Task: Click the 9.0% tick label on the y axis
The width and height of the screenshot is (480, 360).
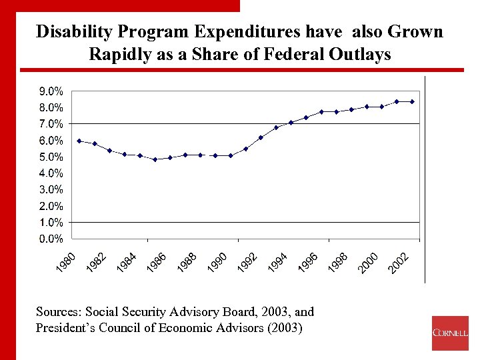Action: (x=50, y=91)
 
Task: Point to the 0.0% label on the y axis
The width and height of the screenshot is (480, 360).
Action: (x=50, y=239)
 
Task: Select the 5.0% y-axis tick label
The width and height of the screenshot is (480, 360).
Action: (x=50, y=157)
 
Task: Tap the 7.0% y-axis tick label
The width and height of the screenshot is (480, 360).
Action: (x=50, y=124)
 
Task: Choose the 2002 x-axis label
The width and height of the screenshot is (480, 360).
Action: (x=399, y=261)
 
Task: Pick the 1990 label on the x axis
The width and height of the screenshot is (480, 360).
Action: (x=219, y=261)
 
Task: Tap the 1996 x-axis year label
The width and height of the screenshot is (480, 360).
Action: (x=309, y=261)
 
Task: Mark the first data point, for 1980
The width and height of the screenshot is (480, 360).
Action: (x=79, y=141)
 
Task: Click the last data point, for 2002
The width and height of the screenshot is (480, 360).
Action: (x=413, y=101)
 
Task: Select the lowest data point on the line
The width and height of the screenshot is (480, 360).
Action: (x=155, y=159)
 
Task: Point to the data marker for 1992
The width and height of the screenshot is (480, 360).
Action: (x=261, y=137)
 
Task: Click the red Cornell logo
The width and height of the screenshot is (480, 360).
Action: (x=450, y=333)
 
